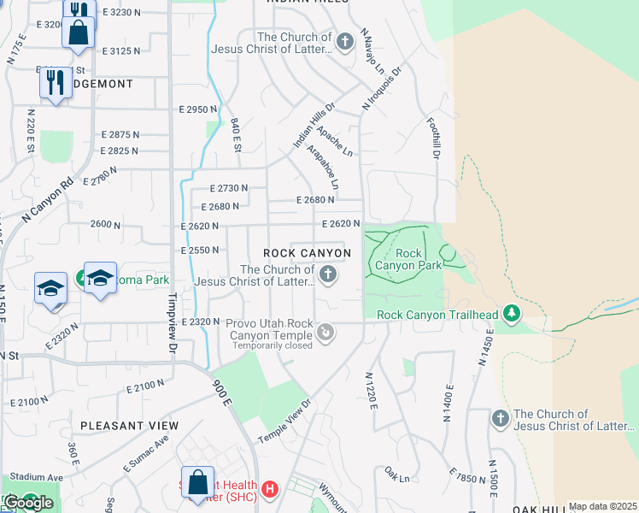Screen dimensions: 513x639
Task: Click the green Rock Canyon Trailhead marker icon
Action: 512,315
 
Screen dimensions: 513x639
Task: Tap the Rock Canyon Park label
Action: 409,259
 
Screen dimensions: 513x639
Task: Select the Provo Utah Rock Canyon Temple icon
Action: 325,331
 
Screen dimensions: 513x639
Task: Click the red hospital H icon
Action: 270,490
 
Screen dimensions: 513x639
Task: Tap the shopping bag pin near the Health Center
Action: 197,482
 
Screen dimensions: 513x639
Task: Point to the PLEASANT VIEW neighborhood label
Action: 130,426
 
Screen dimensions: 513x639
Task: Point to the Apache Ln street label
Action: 334,141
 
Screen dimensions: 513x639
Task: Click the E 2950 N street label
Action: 198,109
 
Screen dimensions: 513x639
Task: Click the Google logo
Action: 29,503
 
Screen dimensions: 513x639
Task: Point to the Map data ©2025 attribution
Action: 602,506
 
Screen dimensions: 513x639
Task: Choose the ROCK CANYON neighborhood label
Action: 307,254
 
